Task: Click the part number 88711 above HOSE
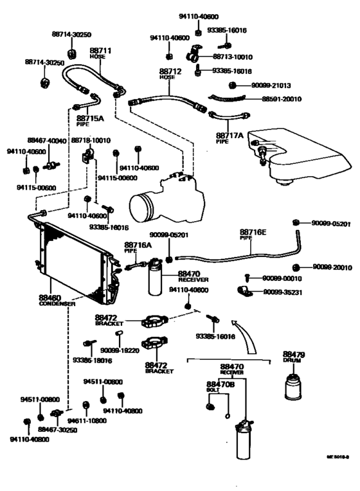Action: (x=100, y=49)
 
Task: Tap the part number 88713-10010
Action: (x=233, y=57)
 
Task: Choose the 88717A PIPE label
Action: (x=230, y=136)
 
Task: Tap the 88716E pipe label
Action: (x=254, y=232)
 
